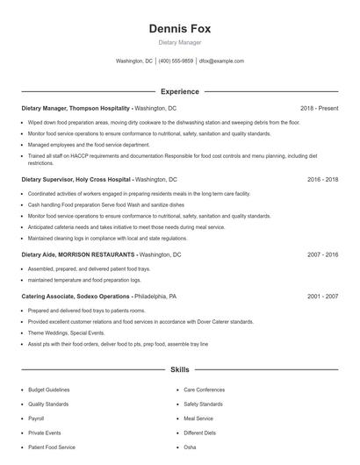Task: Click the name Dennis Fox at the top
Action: coord(179,28)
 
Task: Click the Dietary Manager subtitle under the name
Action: coord(179,42)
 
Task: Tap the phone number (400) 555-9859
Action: coord(176,61)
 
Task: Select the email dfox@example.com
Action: coord(221,61)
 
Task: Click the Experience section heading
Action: coord(179,91)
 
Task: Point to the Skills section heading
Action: coord(179,370)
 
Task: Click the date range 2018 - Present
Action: coord(319,108)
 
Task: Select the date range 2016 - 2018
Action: coord(322,179)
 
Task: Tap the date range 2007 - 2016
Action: coord(322,254)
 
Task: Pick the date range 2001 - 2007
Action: coord(322,297)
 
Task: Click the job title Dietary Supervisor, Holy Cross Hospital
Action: coord(76,179)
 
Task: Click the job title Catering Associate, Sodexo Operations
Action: coord(76,297)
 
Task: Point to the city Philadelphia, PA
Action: coord(156,297)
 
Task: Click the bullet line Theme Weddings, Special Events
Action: coord(66,333)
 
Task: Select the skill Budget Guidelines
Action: coord(48,390)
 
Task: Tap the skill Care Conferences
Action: coord(204,390)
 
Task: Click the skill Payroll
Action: coord(37,418)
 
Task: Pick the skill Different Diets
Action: coord(199,433)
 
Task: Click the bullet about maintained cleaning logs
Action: coord(107,238)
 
